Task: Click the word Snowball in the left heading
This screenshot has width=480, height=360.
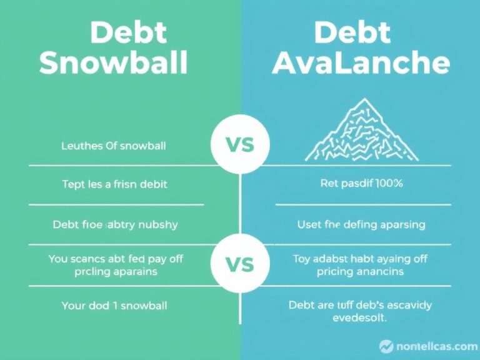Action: tap(114, 63)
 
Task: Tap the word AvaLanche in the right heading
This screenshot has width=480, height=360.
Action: tap(361, 63)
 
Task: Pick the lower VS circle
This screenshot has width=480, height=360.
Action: tap(239, 264)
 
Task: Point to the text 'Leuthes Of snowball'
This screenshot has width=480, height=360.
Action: tap(117, 147)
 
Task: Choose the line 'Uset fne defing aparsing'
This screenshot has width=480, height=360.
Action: tap(361, 223)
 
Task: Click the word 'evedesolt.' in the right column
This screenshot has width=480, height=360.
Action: tap(360, 317)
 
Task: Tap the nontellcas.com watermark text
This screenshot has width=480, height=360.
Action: tap(436, 346)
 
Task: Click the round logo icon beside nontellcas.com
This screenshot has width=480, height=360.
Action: tap(386, 346)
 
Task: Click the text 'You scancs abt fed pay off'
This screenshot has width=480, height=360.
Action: tap(120, 257)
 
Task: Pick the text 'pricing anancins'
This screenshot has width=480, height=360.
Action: tap(360, 271)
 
